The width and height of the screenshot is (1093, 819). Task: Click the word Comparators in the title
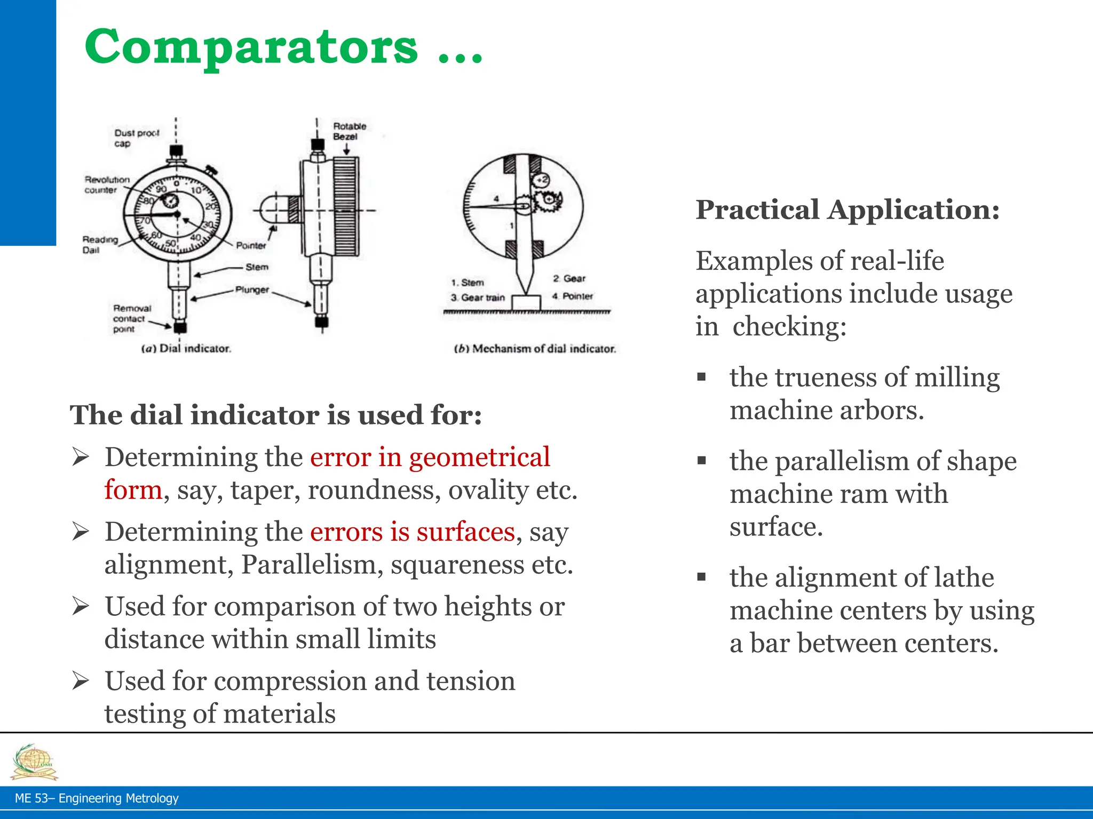251,47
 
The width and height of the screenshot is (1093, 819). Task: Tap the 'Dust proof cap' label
136,138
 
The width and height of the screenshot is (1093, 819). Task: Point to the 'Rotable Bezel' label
349,131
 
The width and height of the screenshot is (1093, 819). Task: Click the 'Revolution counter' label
106,184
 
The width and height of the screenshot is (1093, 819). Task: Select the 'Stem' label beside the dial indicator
257,267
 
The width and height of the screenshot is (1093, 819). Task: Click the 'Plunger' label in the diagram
252,290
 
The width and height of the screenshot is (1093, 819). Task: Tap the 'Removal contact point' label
131,319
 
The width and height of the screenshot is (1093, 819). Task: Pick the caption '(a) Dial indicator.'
186,349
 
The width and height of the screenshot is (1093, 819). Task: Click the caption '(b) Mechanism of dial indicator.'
535,349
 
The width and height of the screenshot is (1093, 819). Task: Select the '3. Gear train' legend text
478,298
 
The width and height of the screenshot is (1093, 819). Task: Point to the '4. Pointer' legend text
572,296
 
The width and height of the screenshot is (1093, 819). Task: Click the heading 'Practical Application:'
847,210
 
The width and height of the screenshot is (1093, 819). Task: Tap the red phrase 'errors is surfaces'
412,532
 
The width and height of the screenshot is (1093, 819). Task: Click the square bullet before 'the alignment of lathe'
701,576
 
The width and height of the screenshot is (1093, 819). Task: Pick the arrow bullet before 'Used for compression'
81,681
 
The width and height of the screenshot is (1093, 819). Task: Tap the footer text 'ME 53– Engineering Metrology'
97,798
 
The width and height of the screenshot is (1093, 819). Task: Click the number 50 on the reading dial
170,243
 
